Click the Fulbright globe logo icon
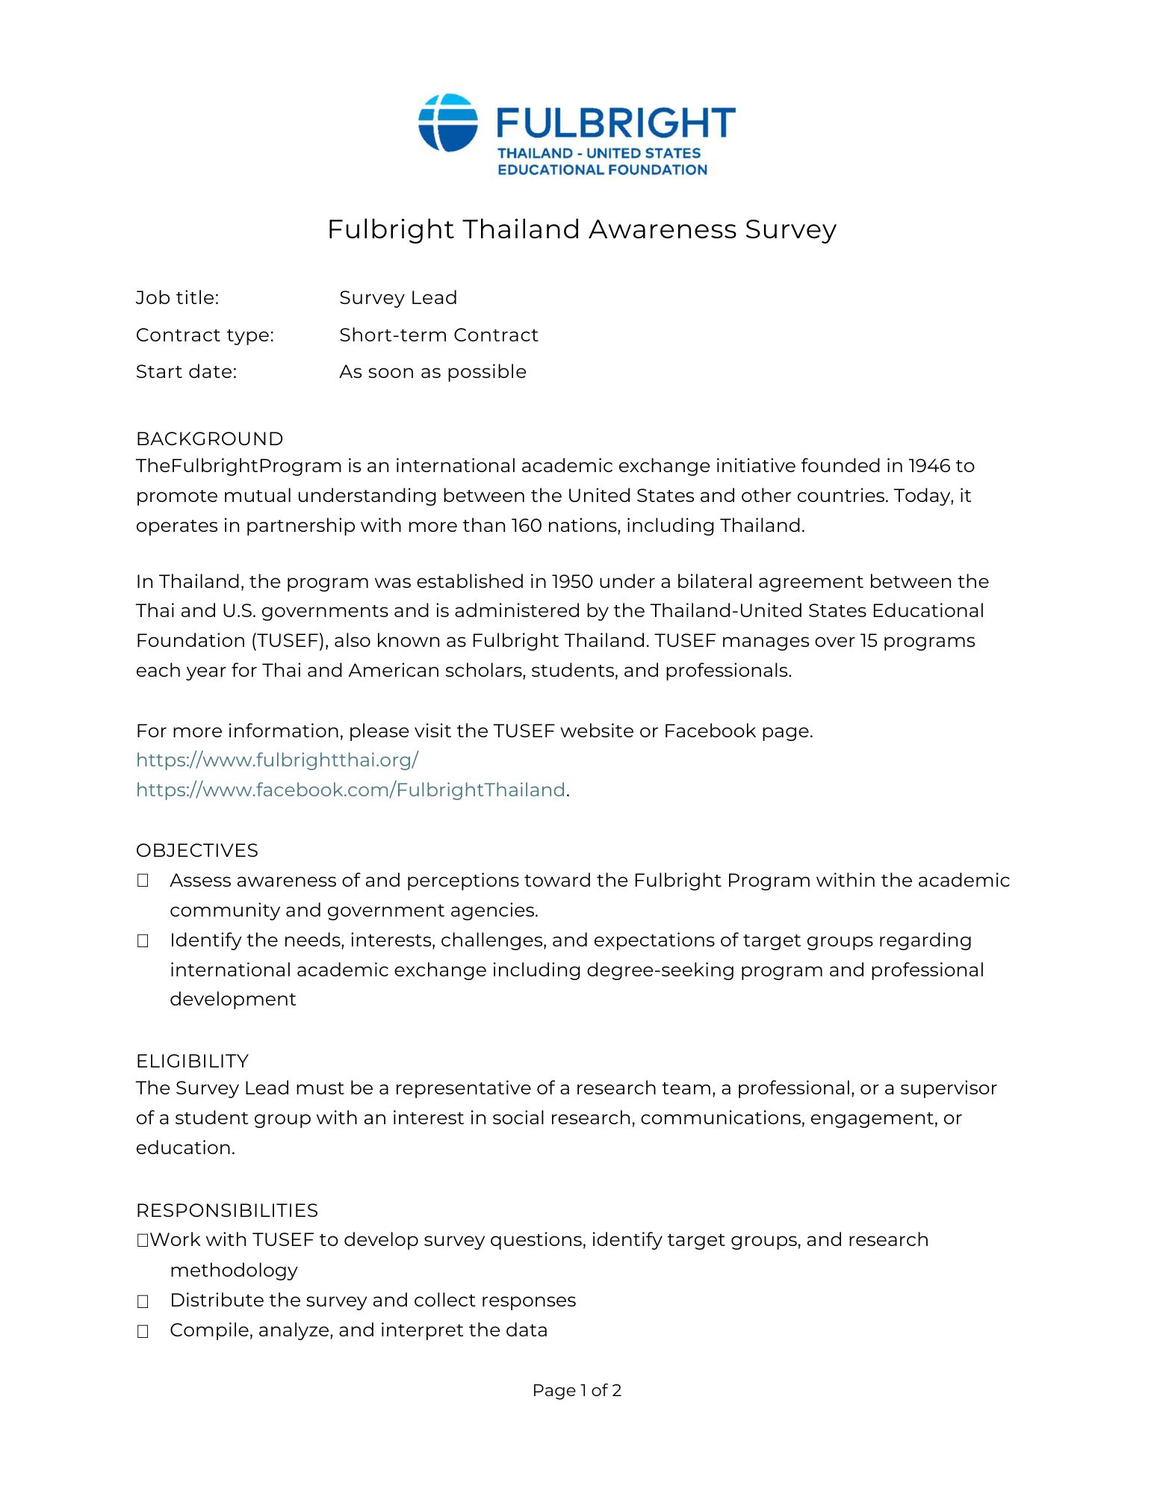(447, 123)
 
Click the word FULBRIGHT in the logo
(615, 123)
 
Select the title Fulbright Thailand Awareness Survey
(581, 229)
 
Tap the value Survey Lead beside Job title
(397, 298)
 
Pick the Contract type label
(205, 335)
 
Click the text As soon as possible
(432, 372)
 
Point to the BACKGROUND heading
(209, 439)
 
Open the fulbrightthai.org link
(277, 760)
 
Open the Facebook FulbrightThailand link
(350, 790)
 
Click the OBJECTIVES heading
(196, 851)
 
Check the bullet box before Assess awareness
(143, 881)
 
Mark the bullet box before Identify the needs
(143, 941)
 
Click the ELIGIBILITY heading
(192, 1061)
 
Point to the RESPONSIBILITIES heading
(226, 1211)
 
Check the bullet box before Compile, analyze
(143, 1331)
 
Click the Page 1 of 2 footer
(577, 1391)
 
